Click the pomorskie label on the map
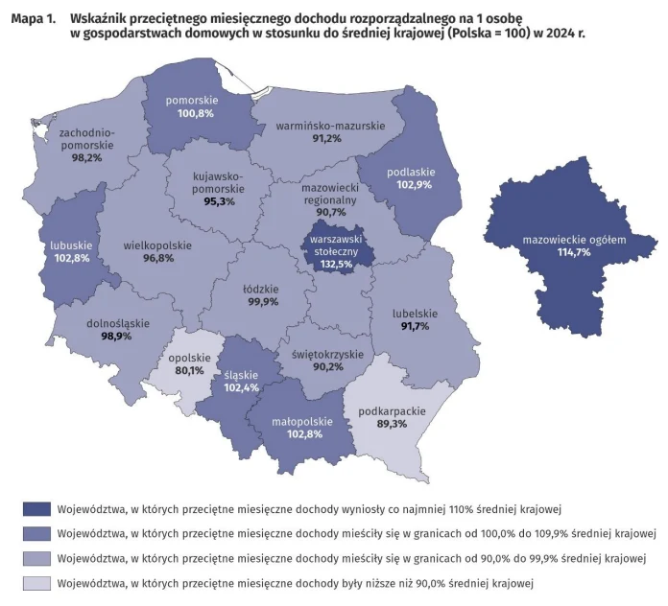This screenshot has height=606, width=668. click(x=192, y=100)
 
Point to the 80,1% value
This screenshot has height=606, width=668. click(x=190, y=371)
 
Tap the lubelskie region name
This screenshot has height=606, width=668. click(x=415, y=313)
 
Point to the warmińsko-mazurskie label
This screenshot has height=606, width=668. click(x=330, y=126)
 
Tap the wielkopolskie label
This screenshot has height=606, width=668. click(x=157, y=245)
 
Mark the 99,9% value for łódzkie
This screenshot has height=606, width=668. click(x=261, y=302)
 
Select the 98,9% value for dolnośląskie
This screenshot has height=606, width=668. click(x=116, y=337)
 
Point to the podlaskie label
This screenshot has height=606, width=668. click(x=411, y=172)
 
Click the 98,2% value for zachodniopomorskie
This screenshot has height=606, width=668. click(x=86, y=158)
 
